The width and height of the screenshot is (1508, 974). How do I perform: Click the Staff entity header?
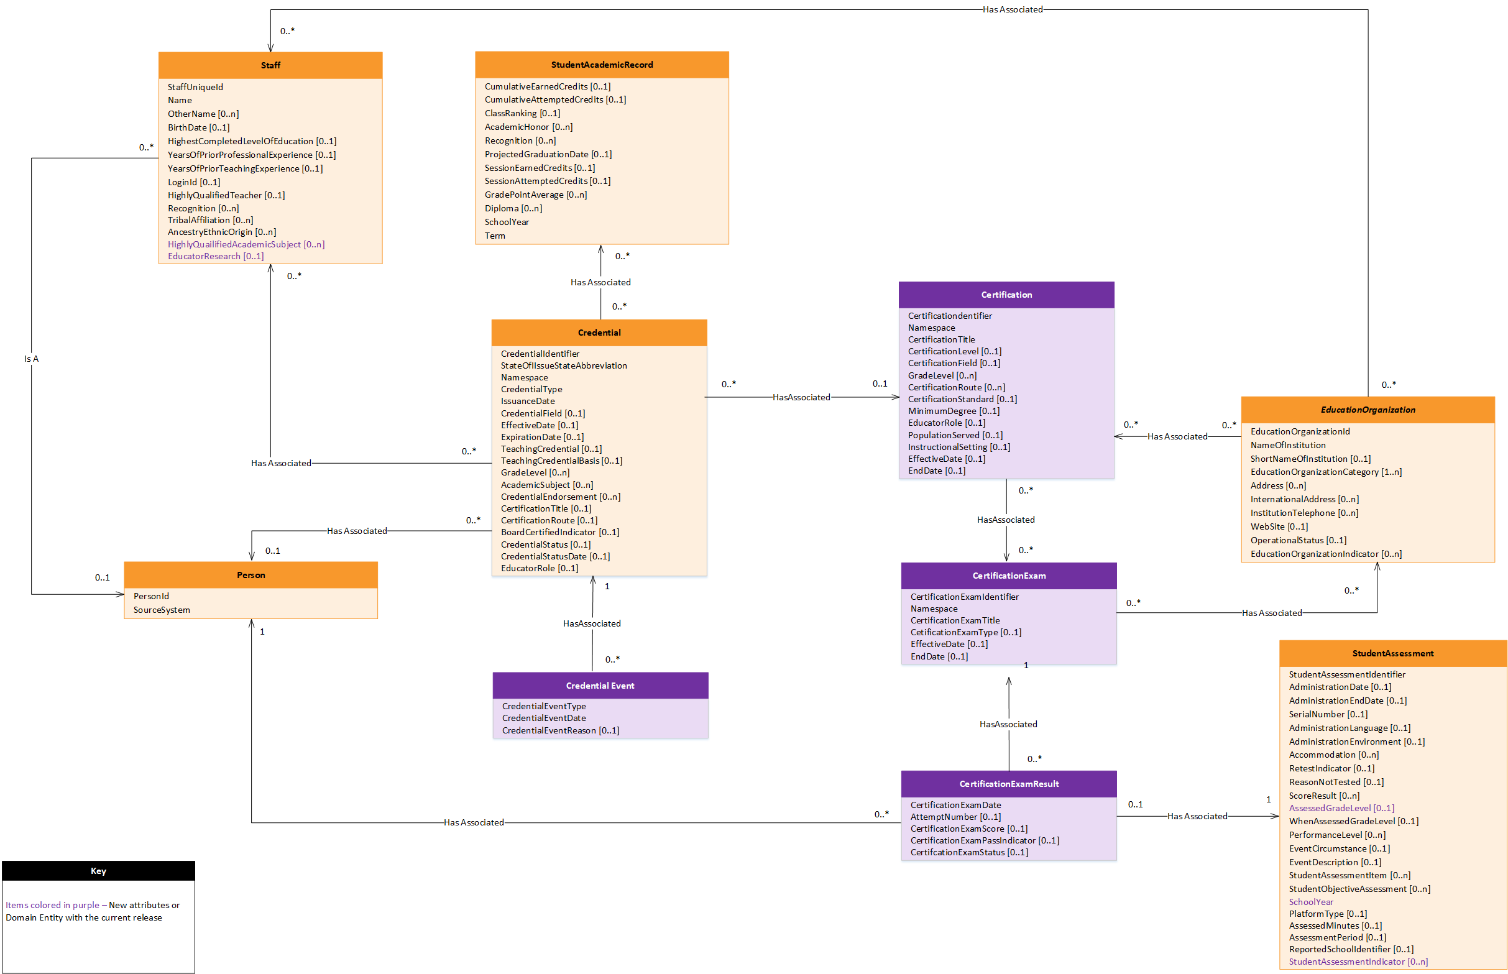(x=270, y=65)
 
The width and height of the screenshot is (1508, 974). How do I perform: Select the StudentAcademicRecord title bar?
(x=602, y=65)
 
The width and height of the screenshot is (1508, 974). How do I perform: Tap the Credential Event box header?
(x=600, y=686)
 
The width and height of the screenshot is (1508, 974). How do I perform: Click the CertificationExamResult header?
(x=1008, y=784)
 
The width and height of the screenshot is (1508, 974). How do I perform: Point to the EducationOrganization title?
(x=1368, y=410)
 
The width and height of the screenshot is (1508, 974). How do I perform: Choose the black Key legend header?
(x=98, y=871)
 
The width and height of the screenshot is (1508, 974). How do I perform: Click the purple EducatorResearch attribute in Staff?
(x=215, y=256)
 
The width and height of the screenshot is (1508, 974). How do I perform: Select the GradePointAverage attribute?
(x=535, y=195)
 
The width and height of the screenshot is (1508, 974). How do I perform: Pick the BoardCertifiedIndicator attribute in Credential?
(x=559, y=532)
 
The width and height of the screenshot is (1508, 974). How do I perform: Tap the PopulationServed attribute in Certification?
(x=955, y=435)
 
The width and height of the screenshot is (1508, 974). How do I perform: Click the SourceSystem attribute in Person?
(x=161, y=610)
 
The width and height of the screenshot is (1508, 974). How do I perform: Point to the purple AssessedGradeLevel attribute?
(x=1341, y=808)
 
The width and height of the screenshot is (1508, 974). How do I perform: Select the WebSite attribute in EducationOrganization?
(x=1279, y=526)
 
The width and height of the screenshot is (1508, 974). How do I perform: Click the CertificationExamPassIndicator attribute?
(x=984, y=840)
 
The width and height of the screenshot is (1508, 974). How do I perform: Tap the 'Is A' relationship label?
(x=31, y=359)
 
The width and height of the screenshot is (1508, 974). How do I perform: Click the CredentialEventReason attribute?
(x=560, y=730)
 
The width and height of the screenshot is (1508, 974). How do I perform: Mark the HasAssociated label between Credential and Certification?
(x=801, y=397)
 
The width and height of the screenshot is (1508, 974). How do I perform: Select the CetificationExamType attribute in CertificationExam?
(x=965, y=633)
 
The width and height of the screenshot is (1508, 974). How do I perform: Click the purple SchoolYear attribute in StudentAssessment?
(x=1311, y=902)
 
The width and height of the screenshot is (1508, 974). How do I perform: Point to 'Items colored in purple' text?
(x=52, y=905)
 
